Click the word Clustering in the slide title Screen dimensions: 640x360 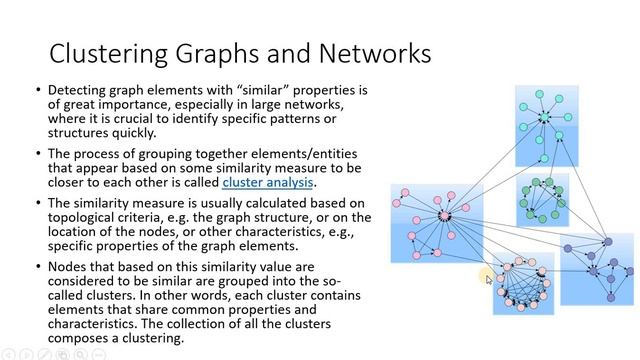(104, 52)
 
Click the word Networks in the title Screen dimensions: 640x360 (369, 52)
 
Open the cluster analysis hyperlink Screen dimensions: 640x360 (268, 183)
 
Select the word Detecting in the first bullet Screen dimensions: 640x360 (81, 91)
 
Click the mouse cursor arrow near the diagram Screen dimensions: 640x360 (490, 281)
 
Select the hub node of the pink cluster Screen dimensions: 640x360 (444, 216)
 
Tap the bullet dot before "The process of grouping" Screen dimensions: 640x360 (37, 155)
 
